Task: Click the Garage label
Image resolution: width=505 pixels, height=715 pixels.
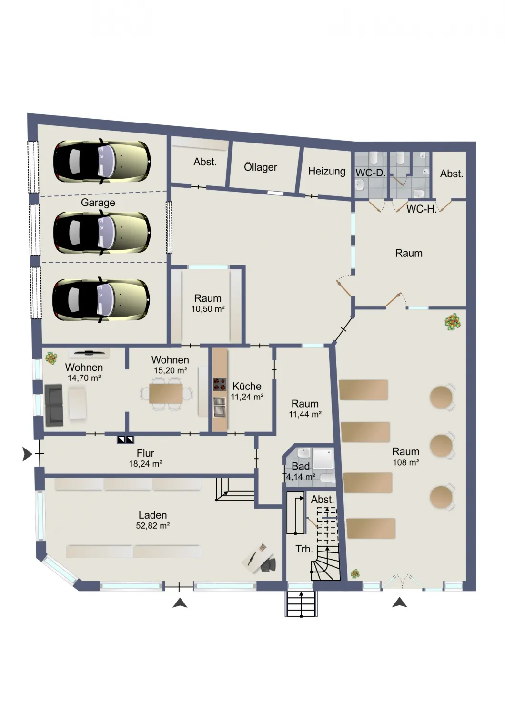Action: pos(98,203)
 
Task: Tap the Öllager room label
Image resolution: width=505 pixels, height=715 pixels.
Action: pos(260,167)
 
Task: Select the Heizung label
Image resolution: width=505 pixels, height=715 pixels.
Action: pos(327,172)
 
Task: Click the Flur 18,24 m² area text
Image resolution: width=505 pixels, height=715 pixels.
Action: pos(145,458)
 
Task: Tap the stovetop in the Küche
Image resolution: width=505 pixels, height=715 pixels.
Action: pos(220,384)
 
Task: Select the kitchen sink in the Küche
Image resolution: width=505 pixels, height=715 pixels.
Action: pos(220,407)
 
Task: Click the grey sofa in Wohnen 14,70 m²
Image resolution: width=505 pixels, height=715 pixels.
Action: pos(54,405)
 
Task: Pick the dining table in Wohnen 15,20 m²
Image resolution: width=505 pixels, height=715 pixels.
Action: pos(166,393)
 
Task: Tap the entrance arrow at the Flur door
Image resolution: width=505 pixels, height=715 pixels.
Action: pos(28,454)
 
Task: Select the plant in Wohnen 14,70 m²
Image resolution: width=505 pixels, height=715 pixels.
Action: pos(51,358)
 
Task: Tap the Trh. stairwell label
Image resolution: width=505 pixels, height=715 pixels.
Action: pos(303,549)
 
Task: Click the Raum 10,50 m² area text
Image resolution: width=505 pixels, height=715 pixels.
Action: pos(208,303)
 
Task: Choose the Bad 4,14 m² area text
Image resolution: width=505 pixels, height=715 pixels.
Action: pos(301,471)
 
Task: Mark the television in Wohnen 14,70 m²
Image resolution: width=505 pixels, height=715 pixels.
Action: pos(88,352)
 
